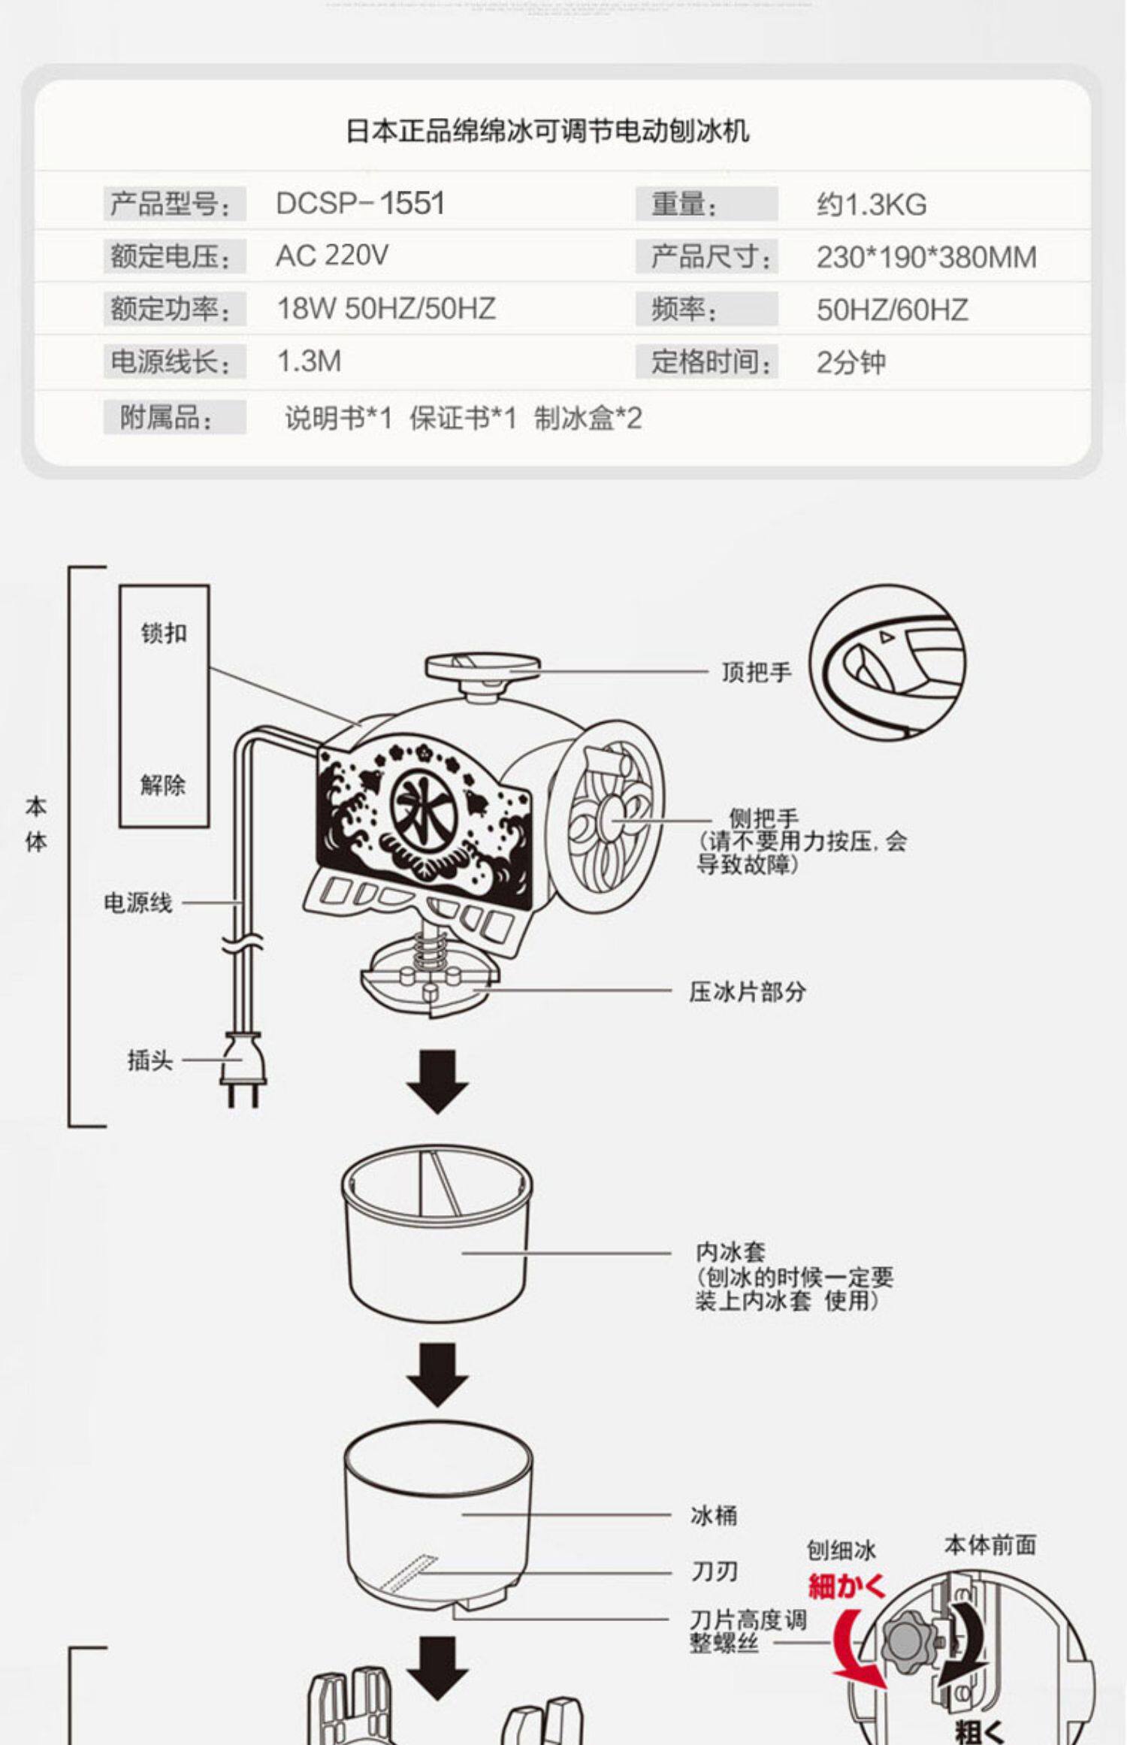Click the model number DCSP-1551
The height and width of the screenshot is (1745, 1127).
click(360, 204)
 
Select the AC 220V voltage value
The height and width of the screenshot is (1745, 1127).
click(331, 256)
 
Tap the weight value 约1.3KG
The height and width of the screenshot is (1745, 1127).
click(872, 204)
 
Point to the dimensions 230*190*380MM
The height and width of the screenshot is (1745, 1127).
click(926, 258)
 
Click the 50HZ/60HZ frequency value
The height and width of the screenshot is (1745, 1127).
click(892, 310)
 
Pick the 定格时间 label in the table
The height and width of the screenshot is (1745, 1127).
click(710, 362)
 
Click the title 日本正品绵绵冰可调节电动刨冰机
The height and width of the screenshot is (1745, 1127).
click(547, 132)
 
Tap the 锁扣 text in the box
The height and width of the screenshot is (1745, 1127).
click(164, 634)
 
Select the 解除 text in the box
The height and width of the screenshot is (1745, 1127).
click(163, 785)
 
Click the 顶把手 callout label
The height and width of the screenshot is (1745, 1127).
click(756, 672)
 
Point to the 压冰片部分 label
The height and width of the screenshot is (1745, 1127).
click(747, 992)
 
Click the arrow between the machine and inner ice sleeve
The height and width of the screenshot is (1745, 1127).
click(437, 1082)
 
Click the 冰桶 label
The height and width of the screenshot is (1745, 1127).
click(713, 1516)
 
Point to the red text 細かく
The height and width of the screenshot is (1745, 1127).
click(848, 1588)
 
